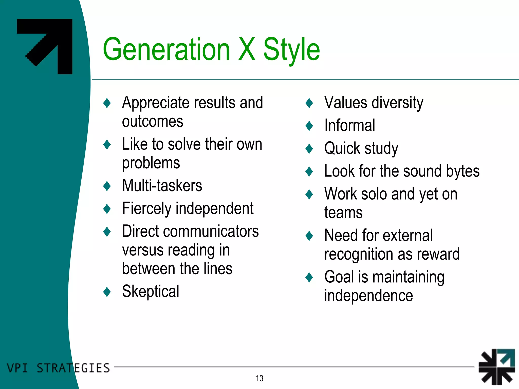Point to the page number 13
(259, 378)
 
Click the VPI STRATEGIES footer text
(58, 368)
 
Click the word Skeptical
(151, 291)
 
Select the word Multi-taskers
(162, 185)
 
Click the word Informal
(349, 125)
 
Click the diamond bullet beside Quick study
(309, 148)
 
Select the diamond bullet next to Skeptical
(107, 292)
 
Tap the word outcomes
(152, 121)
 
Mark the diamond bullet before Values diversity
(309, 103)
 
